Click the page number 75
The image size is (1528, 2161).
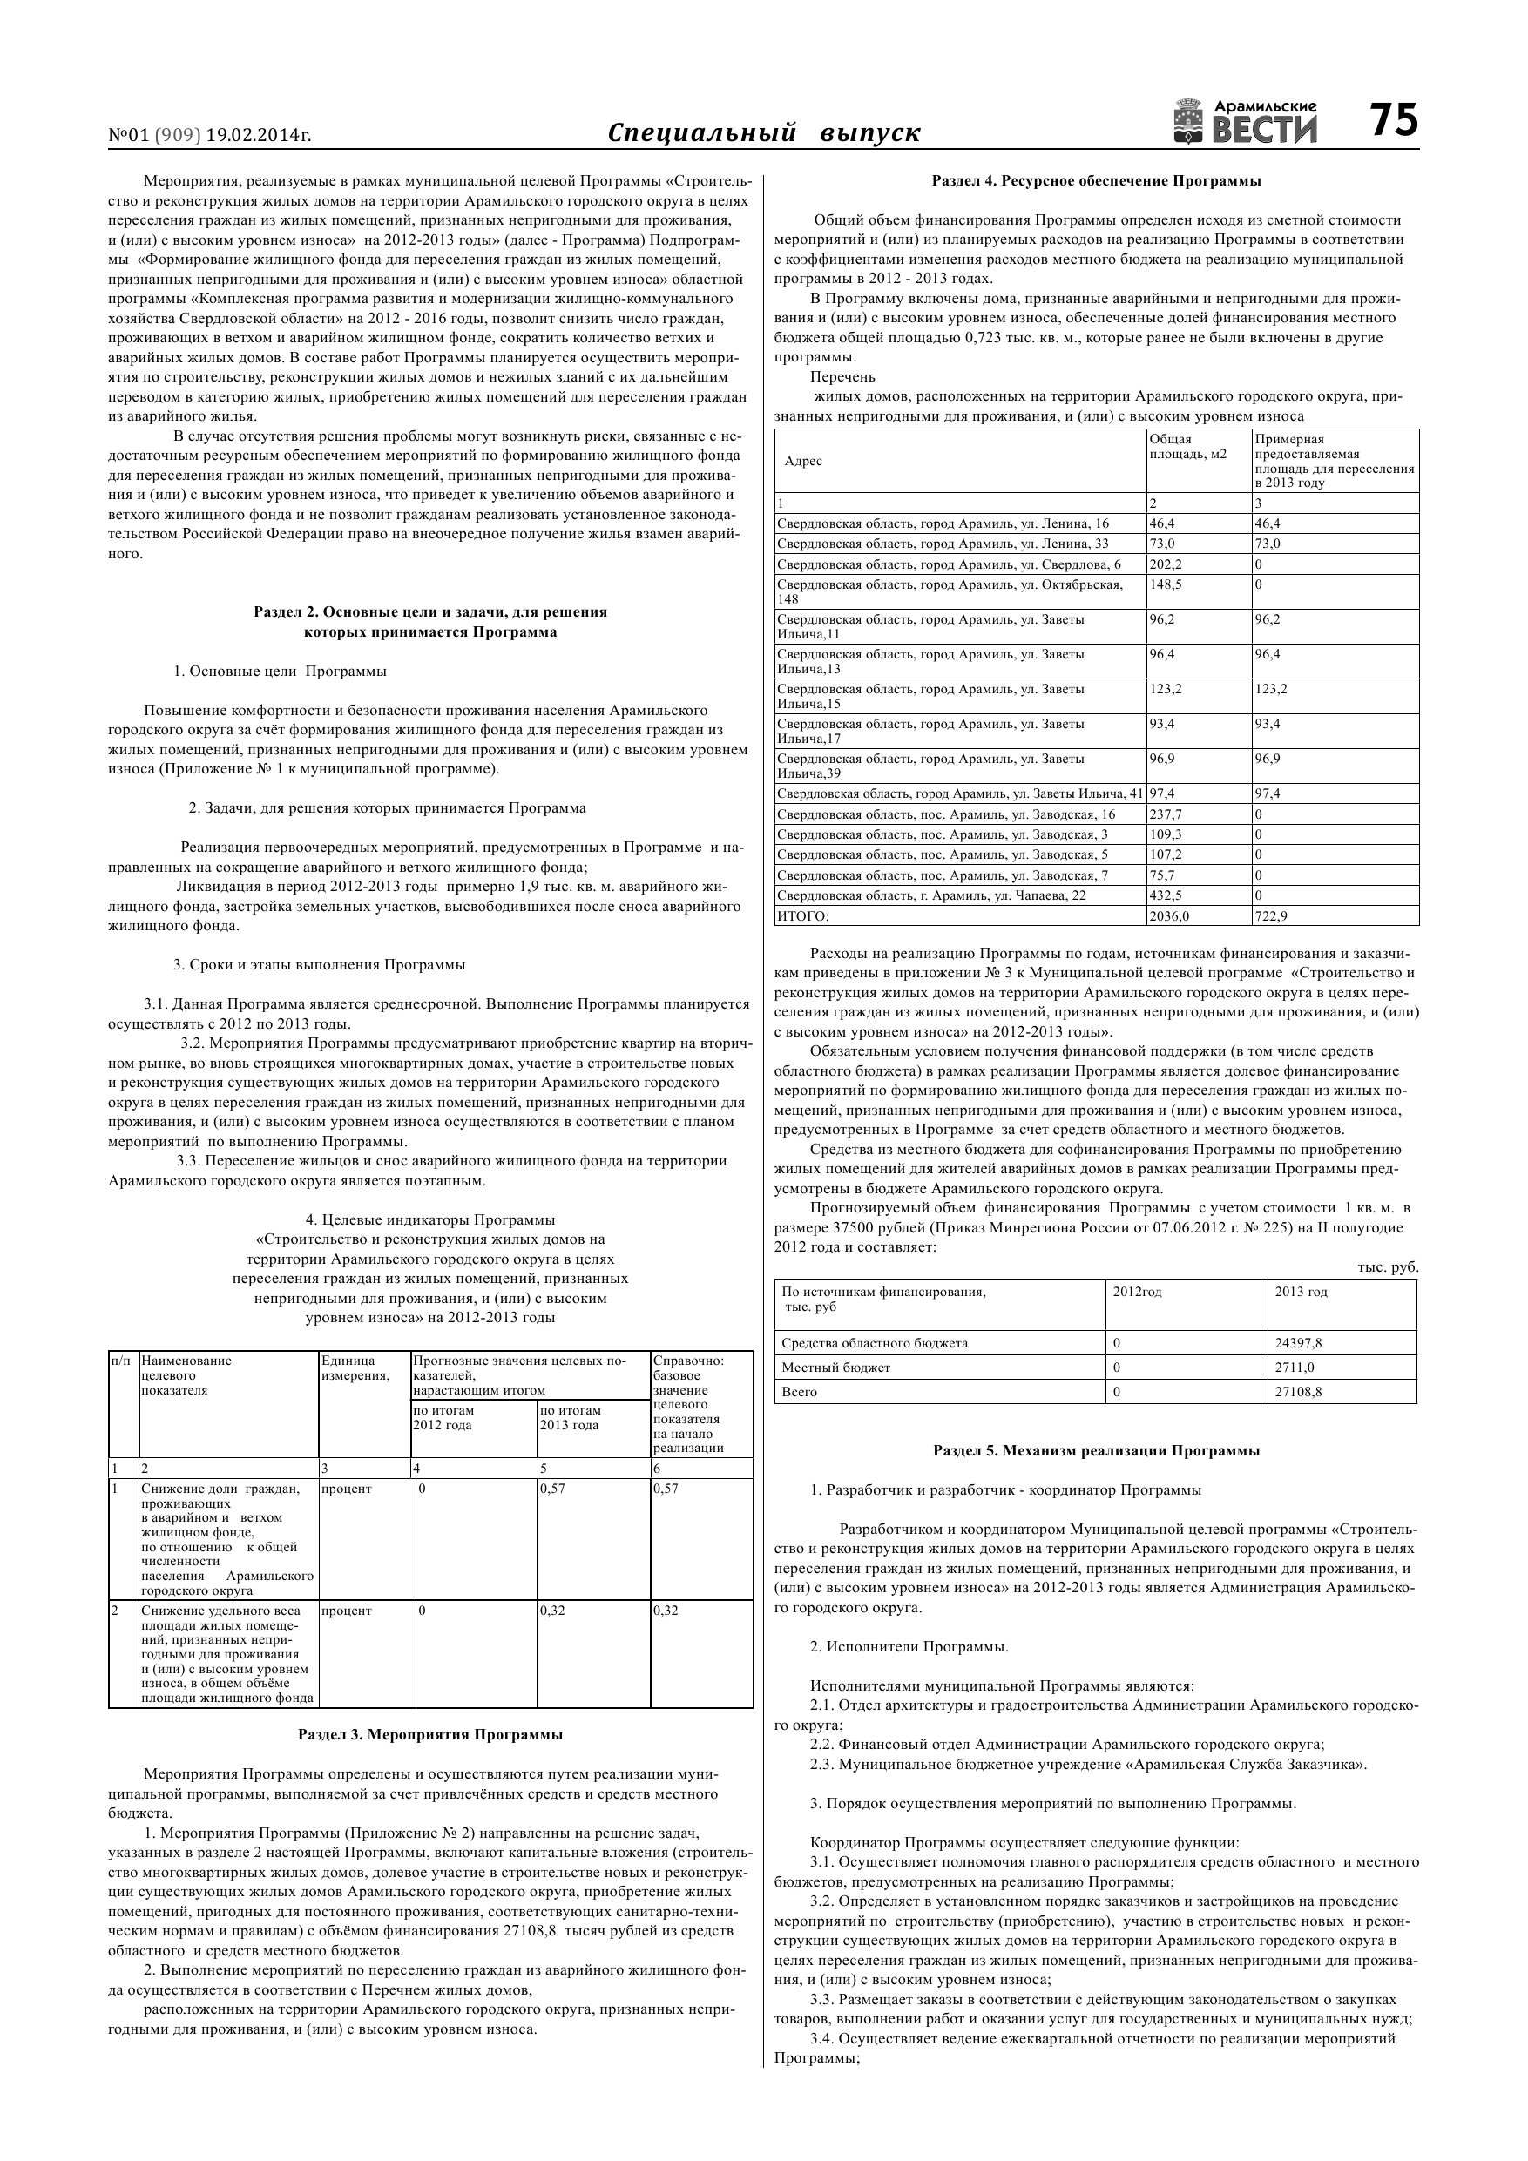(1392, 120)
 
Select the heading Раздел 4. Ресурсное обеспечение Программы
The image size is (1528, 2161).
(1096, 179)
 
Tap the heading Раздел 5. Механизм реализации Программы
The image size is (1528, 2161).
(1096, 1450)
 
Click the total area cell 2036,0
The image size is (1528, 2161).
(1169, 915)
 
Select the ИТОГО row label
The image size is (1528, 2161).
(803, 915)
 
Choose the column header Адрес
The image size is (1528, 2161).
(803, 460)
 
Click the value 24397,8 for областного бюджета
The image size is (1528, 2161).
(1298, 1343)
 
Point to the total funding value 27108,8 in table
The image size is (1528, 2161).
(1298, 1392)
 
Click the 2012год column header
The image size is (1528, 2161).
(1138, 1293)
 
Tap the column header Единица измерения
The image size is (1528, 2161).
(355, 1368)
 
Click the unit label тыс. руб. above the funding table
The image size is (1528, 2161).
(1388, 1266)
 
